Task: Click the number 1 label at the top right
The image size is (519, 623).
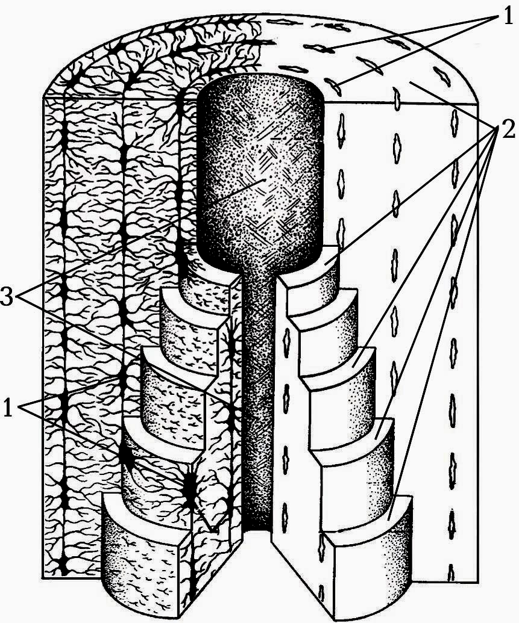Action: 508,17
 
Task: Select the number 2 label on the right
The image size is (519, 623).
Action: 508,129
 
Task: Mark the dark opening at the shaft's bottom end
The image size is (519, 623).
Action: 258,524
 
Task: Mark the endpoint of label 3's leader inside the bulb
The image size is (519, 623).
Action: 264,180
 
